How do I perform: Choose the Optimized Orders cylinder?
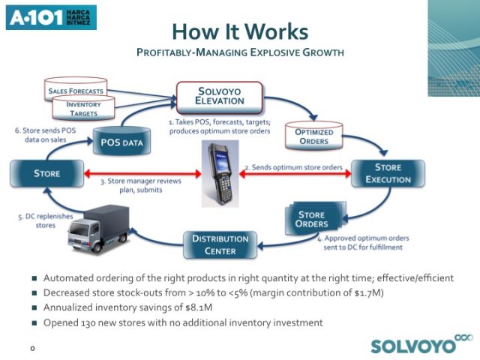313,138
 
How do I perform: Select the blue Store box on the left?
46,174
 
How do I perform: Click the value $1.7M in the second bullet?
354,292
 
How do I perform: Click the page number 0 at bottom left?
33,349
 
